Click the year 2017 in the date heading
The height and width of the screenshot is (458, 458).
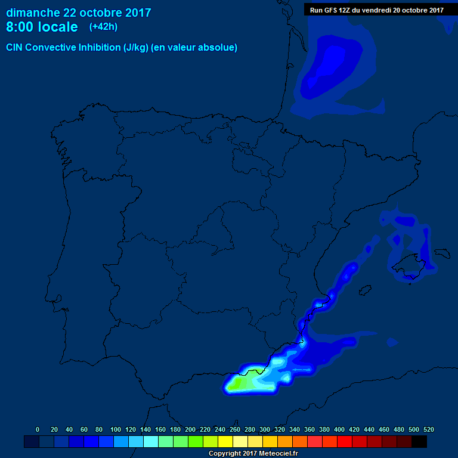[134, 13]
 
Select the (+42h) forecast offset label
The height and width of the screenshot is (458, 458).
[103, 26]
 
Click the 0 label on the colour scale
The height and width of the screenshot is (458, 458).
[38, 429]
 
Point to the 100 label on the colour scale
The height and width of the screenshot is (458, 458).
[116, 429]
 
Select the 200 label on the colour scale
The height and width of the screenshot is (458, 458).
[190, 429]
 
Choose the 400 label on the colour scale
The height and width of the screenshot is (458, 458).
[339, 429]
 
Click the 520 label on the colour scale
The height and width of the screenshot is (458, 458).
[428, 429]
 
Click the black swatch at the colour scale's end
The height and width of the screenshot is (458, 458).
[419, 442]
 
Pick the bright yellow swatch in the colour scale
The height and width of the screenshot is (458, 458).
[225, 442]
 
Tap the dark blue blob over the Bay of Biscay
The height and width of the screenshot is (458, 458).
[325, 66]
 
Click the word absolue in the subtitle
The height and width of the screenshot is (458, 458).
[218, 48]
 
